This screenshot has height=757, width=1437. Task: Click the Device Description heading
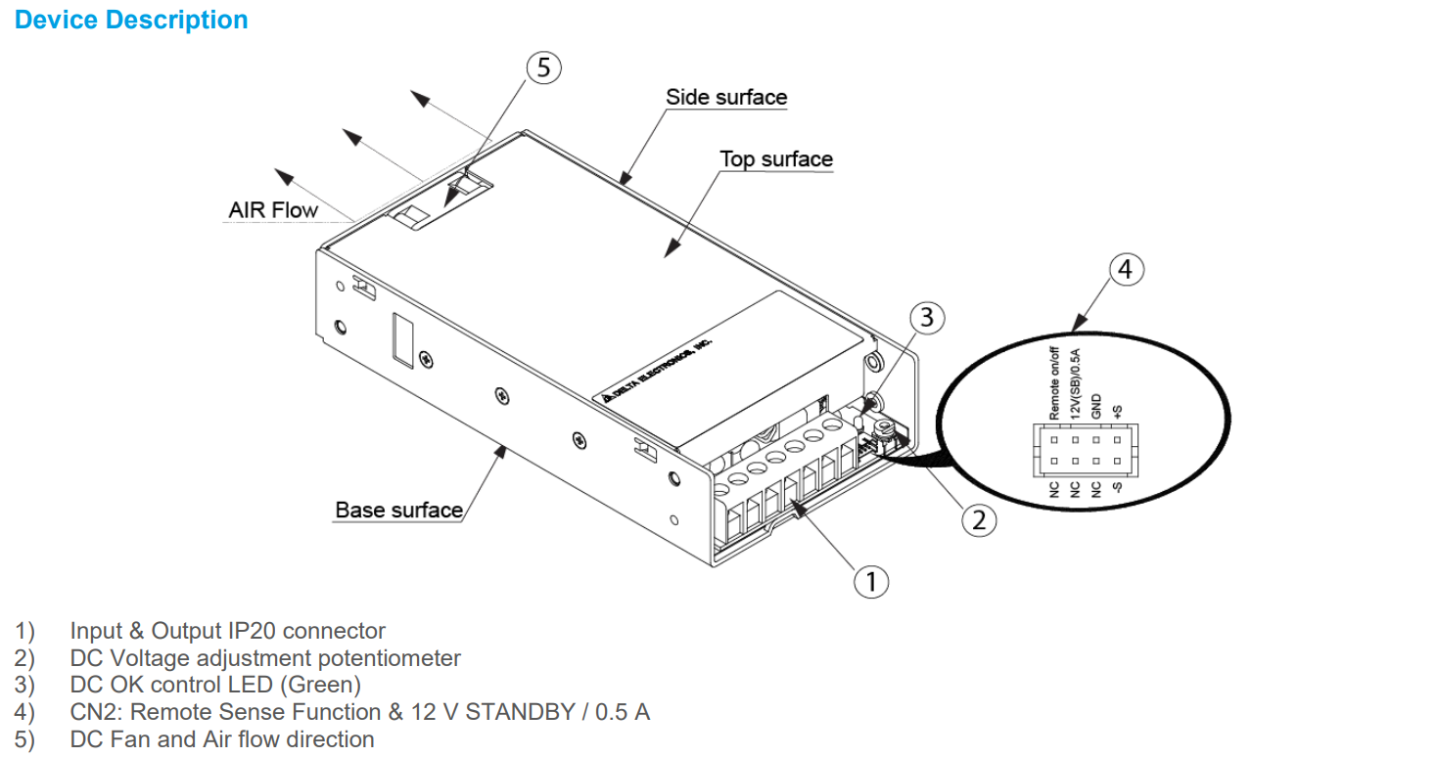(x=131, y=21)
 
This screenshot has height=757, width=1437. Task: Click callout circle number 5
(x=544, y=67)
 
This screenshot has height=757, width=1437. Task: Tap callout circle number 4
(x=1127, y=269)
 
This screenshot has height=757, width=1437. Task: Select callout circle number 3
(x=927, y=317)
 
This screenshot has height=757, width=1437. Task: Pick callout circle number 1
(x=870, y=581)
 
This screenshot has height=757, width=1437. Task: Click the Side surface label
(x=726, y=97)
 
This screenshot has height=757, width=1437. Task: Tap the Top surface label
(x=776, y=159)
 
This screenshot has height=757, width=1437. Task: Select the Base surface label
(x=398, y=510)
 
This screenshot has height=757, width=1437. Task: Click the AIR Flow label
(x=273, y=209)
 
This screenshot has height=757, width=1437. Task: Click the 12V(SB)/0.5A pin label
(x=1075, y=384)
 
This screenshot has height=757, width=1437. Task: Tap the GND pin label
(x=1096, y=406)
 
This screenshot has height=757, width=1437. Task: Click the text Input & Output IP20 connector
(x=227, y=632)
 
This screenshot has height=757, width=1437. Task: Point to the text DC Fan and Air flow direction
(x=221, y=738)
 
